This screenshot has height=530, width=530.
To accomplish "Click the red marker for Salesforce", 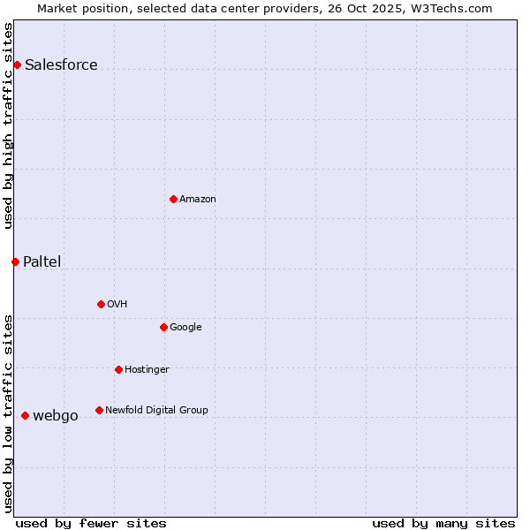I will tap(17, 64).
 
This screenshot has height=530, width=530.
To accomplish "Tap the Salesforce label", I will tap(61, 64).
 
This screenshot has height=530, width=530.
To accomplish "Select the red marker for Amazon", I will tap(173, 199).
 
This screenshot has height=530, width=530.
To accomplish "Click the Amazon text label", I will tap(198, 199).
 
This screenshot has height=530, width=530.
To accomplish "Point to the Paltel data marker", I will tap(15, 261).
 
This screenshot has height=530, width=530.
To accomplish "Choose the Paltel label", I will tap(42, 261).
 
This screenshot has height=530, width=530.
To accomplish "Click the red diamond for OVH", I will tap(101, 304).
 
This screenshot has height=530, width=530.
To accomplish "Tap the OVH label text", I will tap(117, 304).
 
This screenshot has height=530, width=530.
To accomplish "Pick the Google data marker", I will tap(163, 327).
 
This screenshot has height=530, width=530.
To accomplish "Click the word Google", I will tap(185, 327).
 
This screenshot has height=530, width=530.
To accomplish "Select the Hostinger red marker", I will tap(118, 369).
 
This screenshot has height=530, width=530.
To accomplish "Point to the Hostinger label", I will tap(147, 369).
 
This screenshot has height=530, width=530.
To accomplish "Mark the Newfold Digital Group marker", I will tap(99, 410).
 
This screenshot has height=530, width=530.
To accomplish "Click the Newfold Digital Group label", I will tap(156, 410).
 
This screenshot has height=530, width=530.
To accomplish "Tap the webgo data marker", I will tap(25, 415).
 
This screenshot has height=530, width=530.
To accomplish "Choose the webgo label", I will tap(56, 415).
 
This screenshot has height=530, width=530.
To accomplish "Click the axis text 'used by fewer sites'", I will tap(91, 523).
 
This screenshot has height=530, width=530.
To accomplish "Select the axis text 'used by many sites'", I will tap(443, 523).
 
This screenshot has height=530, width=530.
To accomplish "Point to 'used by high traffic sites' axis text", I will tap(8, 125).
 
